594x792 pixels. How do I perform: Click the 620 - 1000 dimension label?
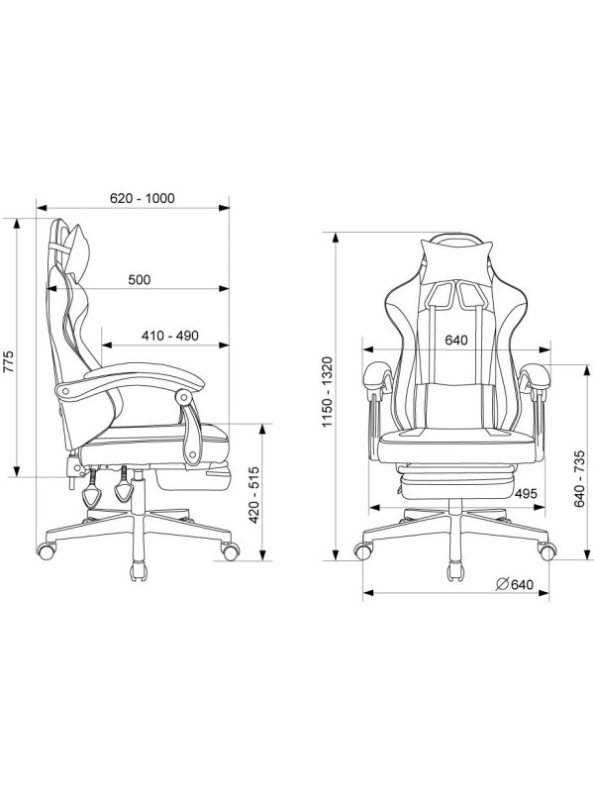(x=142, y=198)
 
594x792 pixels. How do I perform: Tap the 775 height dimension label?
(x=9, y=361)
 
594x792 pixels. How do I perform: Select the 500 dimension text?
(x=139, y=279)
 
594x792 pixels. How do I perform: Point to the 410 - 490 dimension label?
(x=169, y=336)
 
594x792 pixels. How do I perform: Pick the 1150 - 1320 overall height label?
(x=328, y=391)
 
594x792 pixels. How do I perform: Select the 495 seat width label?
(x=526, y=493)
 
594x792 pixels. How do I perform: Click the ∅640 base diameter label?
(x=514, y=584)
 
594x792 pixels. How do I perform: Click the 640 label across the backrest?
(x=456, y=340)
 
